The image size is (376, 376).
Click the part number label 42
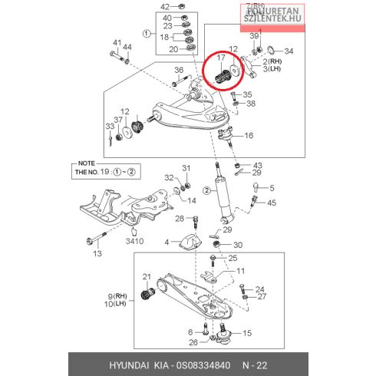[x=165, y=7]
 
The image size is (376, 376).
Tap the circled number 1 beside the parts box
[x=147, y=34]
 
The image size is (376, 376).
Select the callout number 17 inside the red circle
[x=221, y=58]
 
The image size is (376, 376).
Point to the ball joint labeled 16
[x=225, y=135]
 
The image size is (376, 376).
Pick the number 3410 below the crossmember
[x=134, y=241]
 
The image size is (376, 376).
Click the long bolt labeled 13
[x=97, y=238]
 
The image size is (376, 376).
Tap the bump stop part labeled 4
[x=191, y=241]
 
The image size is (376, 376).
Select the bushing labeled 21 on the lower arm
[x=148, y=294]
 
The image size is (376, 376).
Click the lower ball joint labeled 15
[x=223, y=334]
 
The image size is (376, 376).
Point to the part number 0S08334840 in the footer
[x=203, y=365]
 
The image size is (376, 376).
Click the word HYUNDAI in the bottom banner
[x=129, y=365]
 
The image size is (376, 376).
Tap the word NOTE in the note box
[x=87, y=163]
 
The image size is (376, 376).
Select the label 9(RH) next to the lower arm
[x=117, y=296]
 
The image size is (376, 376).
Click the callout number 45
[x=272, y=203]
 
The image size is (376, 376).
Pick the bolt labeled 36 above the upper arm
[x=181, y=81]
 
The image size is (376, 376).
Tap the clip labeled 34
[x=271, y=50]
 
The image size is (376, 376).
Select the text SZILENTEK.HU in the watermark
[x=272, y=18]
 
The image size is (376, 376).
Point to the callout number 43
[x=258, y=166]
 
